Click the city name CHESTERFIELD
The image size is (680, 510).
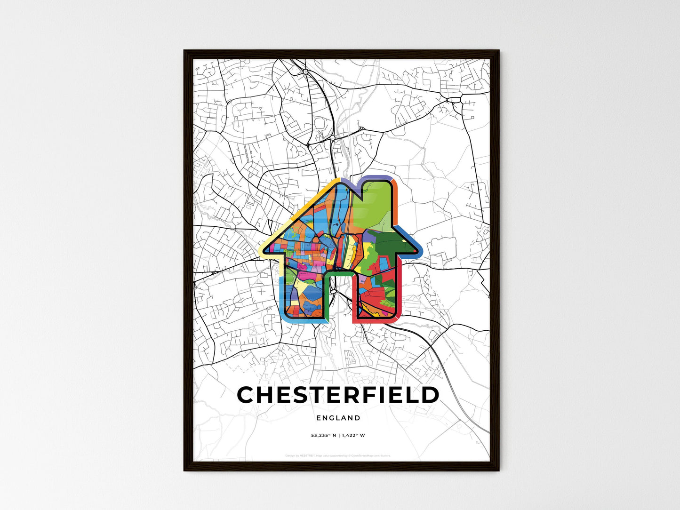[x=338, y=395]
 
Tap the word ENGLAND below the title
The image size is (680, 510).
[x=338, y=418]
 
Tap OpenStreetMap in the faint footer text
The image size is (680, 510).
[x=365, y=455]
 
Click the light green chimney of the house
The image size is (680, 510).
[x=376, y=202]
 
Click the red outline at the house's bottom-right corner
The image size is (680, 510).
[x=394, y=320]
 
